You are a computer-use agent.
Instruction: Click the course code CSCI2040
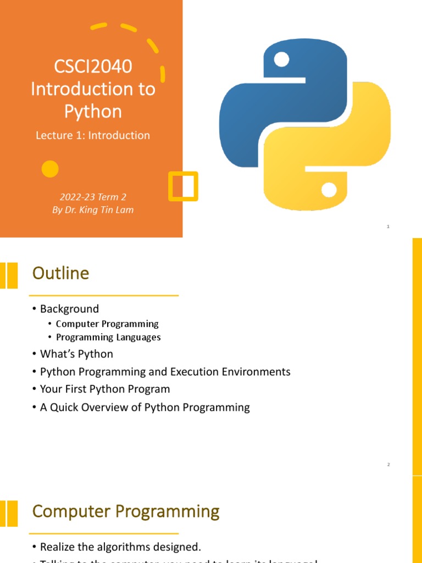93,67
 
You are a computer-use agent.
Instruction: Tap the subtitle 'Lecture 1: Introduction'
92,135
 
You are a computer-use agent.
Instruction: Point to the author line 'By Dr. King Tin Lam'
93,210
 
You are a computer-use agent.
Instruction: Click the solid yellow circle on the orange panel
50,169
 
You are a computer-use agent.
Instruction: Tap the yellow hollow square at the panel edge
182,185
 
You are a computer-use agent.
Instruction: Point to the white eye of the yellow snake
329,190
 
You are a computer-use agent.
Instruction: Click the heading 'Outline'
60,273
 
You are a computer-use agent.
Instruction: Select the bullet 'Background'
69,309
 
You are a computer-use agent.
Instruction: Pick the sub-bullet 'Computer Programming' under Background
107,324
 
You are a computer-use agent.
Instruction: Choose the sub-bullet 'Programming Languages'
108,337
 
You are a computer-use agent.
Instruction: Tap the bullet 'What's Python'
76,354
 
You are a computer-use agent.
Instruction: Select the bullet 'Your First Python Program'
105,389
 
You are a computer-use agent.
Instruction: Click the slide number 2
388,465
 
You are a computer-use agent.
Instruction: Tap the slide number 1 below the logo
388,227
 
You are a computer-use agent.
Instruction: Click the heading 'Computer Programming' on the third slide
126,512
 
